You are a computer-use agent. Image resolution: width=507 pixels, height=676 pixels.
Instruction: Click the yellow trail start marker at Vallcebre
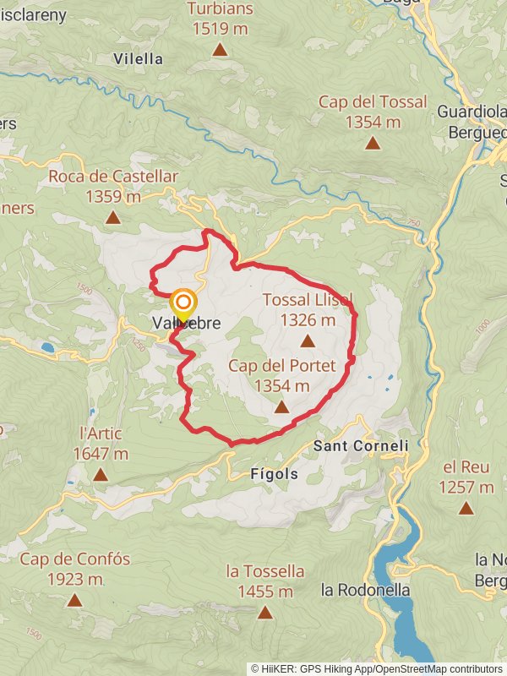(183, 305)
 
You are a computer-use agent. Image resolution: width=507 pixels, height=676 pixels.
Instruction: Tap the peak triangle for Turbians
(220, 50)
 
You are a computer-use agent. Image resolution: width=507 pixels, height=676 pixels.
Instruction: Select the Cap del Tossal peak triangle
(373, 142)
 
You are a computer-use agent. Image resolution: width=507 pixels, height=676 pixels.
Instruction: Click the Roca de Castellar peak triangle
(112, 217)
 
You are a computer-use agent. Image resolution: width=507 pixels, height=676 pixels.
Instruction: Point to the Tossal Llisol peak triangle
(308, 341)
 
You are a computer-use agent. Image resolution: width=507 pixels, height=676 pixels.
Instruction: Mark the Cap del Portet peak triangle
(281, 406)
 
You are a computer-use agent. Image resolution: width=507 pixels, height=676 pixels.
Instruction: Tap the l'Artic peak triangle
(101, 474)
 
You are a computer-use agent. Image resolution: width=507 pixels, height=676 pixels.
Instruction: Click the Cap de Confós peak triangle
(75, 600)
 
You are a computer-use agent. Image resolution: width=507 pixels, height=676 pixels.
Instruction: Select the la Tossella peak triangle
(265, 613)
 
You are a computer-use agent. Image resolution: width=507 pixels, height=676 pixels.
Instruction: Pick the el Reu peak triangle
(466, 508)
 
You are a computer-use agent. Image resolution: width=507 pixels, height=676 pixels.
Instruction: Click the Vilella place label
(138, 58)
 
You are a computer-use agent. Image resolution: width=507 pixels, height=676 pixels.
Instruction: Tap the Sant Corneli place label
(361, 444)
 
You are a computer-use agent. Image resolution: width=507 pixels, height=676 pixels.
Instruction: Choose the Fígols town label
(275, 474)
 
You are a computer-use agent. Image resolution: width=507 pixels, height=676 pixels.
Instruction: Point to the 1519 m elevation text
(220, 27)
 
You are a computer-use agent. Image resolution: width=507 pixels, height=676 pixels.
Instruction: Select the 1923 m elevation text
(74, 580)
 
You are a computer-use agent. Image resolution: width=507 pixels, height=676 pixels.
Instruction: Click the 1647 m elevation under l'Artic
(100, 454)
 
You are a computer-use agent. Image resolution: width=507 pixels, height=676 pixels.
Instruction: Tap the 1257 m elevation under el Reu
(466, 487)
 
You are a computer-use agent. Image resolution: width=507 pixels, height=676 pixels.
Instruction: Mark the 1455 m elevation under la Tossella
(264, 591)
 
